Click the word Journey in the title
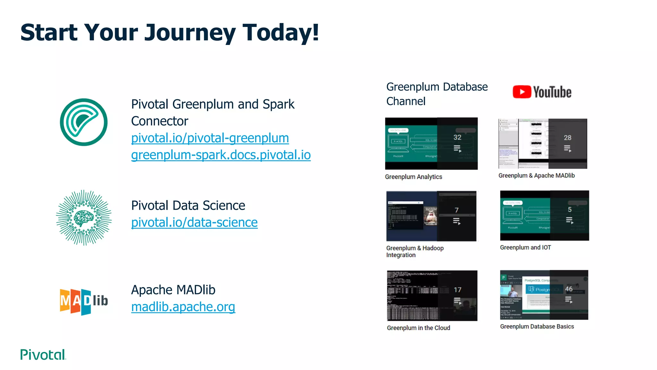click(x=190, y=33)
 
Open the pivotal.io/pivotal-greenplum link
click(x=210, y=138)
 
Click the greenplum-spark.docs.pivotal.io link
click(x=221, y=155)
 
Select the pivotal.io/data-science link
click(x=194, y=223)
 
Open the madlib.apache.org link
click(x=183, y=307)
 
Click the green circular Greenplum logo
click(x=84, y=122)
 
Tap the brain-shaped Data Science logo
click(x=84, y=218)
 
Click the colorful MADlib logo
click(x=84, y=301)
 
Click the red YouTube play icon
click(x=522, y=92)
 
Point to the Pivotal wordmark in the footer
click(x=43, y=355)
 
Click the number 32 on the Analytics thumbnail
click(x=457, y=137)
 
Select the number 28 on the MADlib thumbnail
click(x=567, y=138)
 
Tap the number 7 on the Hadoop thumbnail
click(x=456, y=210)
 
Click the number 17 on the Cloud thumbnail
click(x=457, y=290)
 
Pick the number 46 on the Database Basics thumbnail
click(x=569, y=289)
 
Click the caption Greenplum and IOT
click(x=525, y=248)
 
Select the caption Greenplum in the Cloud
click(x=418, y=328)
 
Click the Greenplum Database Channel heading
click(x=437, y=94)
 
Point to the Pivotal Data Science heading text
click(x=188, y=206)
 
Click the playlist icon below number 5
click(x=569, y=220)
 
